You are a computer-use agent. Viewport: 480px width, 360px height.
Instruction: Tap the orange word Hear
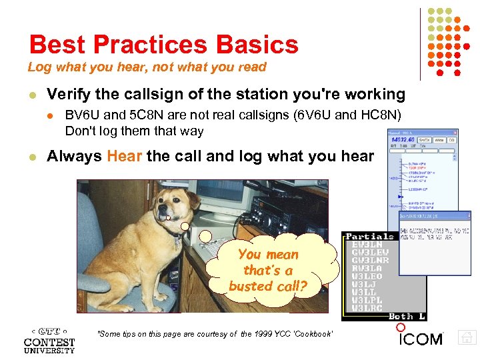point(124,156)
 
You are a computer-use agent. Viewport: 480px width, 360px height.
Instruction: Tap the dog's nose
point(162,212)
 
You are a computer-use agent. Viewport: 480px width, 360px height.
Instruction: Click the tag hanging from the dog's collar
point(177,243)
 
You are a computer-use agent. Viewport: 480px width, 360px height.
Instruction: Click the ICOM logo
point(421,339)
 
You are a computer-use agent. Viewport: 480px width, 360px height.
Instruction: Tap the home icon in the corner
point(467,339)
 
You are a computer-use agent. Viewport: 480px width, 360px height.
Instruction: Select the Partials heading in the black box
point(369,237)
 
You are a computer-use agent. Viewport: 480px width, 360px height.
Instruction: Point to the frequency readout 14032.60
point(403,141)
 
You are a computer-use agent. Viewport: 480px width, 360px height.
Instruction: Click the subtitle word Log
point(38,67)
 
